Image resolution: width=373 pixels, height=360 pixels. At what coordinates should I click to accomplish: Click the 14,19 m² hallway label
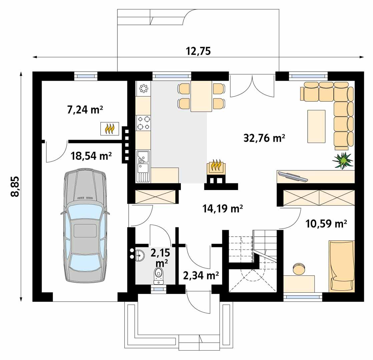pyautogui.click(x=222, y=209)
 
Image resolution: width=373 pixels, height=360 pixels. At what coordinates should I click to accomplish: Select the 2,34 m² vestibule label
pyautogui.click(x=201, y=275)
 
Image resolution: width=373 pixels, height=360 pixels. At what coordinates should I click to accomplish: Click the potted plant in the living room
pyautogui.click(x=342, y=161)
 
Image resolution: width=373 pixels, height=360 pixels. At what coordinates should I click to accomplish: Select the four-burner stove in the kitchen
pyautogui.click(x=143, y=122)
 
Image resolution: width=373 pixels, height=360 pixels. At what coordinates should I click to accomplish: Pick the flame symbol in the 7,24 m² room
pyautogui.click(x=110, y=128)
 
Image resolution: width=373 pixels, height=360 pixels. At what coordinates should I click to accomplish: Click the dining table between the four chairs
pyautogui.click(x=202, y=96)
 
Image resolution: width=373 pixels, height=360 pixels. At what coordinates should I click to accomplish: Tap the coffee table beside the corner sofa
pyautogui.click(x=316, y=126)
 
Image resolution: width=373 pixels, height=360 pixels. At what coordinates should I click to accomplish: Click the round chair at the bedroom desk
pyautogui.click(x=299, y=269)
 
